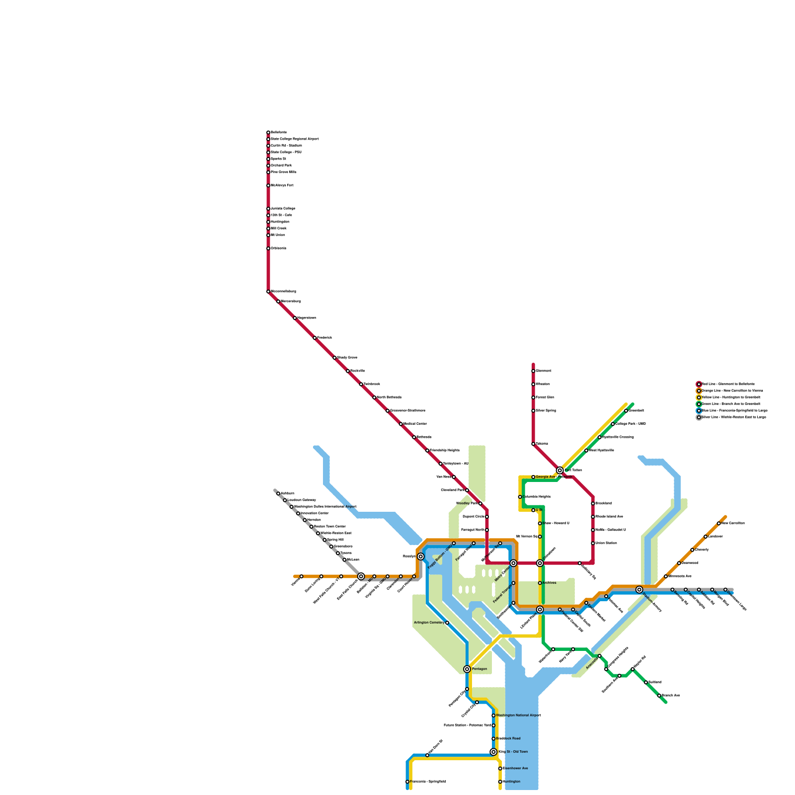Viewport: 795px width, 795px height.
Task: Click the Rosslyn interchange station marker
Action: click(x=421, y=556)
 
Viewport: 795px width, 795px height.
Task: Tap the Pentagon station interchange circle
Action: click(x=467, y=669)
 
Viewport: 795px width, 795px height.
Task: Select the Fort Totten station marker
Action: click(x=560, y=470)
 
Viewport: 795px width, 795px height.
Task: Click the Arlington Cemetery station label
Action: click(x=429, y=623)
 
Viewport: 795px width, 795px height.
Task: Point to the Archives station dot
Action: click(x=540, y=583)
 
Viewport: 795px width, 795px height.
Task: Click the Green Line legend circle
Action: click(x=699, y=404)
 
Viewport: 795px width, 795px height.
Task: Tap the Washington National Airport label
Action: click(x=518, y=715)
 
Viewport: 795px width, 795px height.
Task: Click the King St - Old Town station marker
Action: click(x=493, y=752)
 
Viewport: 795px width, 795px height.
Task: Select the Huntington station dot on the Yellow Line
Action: click(x=500, y=782)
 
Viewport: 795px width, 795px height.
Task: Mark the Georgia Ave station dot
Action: click(x=533, y=477)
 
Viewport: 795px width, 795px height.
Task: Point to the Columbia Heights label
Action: click(x=537, y=497)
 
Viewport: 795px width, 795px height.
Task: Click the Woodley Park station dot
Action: click(x=480, y=503)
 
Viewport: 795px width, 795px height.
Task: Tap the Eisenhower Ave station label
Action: click(x=516, y=769)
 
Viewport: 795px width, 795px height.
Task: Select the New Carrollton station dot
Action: click(x=719, y=523)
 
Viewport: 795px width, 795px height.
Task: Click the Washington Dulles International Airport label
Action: click(x=325, y=507)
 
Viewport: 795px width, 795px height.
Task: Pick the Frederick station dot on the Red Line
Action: click(x=315, y=338)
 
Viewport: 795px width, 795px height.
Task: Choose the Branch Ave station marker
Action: click(x=659, y=696)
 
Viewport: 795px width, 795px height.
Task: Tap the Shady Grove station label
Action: click(x=347, y=358)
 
